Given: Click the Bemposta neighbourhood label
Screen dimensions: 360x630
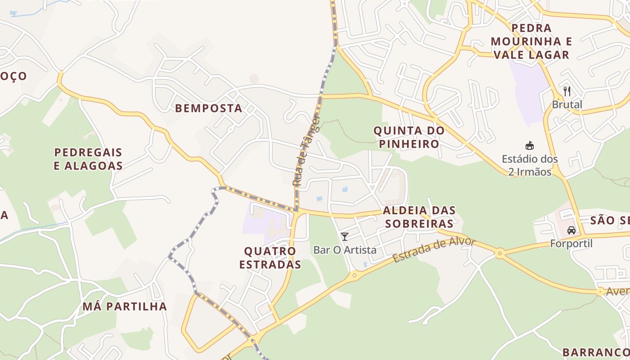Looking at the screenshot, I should [208, 108].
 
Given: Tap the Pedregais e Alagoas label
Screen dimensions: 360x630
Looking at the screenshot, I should [88, 159].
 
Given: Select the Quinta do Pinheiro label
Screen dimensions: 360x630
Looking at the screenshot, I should [409, 137].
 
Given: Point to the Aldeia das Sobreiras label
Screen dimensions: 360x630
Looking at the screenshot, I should [419, 217].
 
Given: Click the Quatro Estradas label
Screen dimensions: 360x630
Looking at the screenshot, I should [270, 257].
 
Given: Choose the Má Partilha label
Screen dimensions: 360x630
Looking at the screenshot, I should [125, 306].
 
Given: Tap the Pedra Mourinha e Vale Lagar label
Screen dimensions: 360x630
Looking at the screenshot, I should [531, 41].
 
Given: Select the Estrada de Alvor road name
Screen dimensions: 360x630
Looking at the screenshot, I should [434, 250].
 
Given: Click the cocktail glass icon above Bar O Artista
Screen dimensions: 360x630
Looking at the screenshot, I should [345, 236].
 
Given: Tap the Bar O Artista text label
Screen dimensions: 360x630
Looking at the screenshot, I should [345, 250].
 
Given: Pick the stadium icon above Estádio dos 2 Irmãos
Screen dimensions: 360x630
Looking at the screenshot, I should [530, 145].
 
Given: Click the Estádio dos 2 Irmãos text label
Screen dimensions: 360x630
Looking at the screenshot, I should [530, 165].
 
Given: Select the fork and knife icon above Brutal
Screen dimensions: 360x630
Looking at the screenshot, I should [567, 91].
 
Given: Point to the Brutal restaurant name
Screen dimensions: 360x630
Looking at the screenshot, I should [567, 105].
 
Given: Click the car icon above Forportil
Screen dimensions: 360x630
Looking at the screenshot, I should [571, 230].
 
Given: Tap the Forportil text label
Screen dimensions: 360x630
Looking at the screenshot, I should [571, 243].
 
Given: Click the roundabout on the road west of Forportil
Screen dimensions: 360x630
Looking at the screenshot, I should [499, 253].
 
